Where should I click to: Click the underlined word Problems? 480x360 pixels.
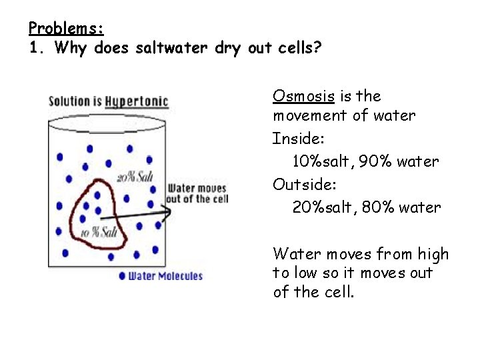coord(66,29)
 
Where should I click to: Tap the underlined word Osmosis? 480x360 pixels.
coord(303,96)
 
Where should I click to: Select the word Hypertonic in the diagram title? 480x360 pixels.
coord(136,101)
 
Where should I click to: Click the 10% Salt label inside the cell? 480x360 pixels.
coord(98,232)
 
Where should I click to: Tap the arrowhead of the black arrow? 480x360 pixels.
coord(167,211)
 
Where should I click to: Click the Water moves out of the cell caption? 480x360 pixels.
coord(197,194)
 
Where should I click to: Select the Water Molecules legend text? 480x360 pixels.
coord(165,275)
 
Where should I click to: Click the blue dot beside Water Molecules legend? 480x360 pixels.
coord(122,275)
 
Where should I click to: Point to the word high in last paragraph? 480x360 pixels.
coord(433,254)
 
